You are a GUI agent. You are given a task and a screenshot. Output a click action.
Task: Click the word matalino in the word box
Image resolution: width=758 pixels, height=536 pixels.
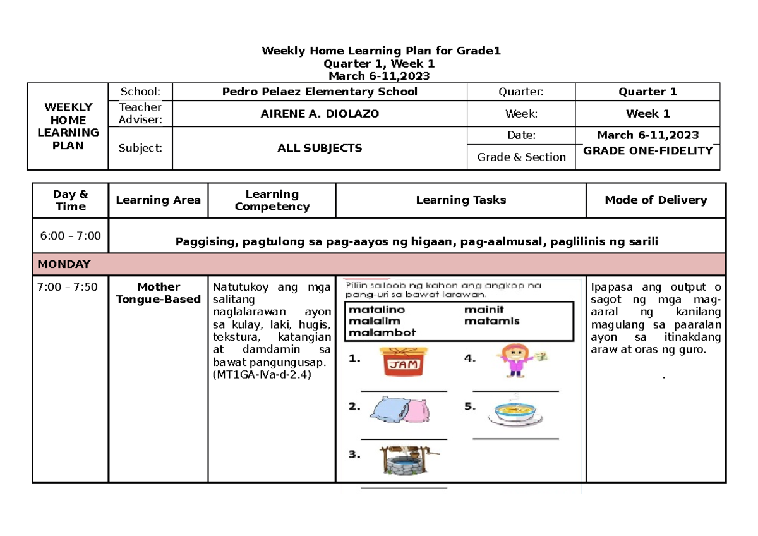[x=376, y=310]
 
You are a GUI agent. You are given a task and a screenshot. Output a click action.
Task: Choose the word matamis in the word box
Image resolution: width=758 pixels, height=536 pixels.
[x=492, y=321]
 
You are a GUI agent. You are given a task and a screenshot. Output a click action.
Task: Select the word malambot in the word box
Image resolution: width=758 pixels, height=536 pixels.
[x=382, y=332]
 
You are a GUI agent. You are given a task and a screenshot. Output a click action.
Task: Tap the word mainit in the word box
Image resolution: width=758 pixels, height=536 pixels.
[x=484, y=310]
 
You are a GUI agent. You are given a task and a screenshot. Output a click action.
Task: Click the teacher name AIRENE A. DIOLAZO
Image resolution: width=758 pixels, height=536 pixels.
[x=320, y=114]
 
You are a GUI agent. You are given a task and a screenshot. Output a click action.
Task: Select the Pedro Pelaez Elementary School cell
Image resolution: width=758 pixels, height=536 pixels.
[x=320, y=92]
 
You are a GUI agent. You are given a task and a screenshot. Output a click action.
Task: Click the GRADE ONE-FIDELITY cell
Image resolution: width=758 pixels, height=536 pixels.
[x=647, y=150]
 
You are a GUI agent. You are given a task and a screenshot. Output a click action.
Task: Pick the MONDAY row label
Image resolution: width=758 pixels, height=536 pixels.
[x=64, y=264]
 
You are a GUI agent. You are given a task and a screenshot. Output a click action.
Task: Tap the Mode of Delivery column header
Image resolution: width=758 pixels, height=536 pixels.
[x=656, y=200]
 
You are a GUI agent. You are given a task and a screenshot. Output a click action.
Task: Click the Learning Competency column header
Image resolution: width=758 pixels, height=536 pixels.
[x=272, y=200]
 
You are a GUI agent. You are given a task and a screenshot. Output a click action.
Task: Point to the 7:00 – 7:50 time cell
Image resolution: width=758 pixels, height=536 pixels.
[x=68, y=287]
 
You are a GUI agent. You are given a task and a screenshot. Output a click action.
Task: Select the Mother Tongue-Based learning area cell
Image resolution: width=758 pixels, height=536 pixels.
[x=159, y=293]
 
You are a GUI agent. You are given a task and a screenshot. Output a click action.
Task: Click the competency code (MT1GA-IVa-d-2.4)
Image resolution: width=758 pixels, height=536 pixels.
[x=262, y=375]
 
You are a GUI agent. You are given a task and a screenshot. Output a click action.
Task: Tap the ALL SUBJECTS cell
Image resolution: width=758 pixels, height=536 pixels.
[x=320, y=149]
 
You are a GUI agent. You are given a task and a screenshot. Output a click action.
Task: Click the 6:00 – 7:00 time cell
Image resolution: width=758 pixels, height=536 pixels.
[x=70, y=236]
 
